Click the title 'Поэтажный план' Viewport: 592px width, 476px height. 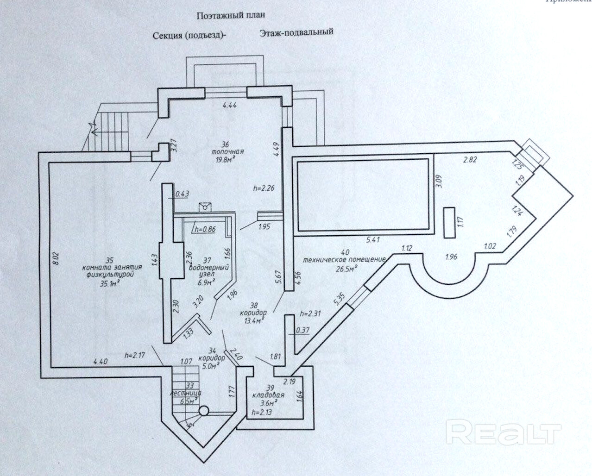[x=231, y=15]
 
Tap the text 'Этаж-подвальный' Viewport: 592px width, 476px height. [x=296, y=32]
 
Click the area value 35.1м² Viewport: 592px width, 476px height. [x=106, y=282]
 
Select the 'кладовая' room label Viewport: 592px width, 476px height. [x=268, y=396]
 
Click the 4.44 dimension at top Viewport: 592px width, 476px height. [x=230, y=106]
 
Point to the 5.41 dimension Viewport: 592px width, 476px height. [x=373, y=240]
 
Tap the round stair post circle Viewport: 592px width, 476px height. [x=204, y=411]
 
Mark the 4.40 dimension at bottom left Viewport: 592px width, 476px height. [x=101, y=362]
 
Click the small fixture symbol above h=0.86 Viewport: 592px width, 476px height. [x=204, y=207]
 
